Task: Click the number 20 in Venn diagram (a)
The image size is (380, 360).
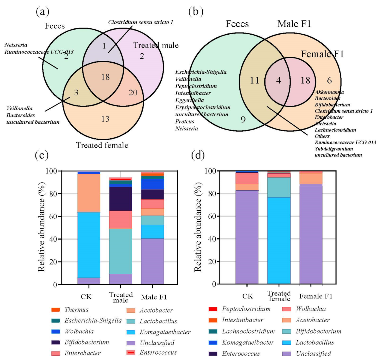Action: pyautogui.click(x=133, y=93)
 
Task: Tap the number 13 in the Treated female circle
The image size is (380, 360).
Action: pyautogui.click(x=105, y=119)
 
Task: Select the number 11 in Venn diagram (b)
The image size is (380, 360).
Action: pyautogui.click(x=254, y=81)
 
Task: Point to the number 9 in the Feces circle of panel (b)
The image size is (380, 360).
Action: pyautogui.click(x=243, y=120)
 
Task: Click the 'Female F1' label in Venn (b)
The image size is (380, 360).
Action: pyautogui.click(x=322, y=54)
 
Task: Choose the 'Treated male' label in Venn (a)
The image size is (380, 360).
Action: pyautogui.click(x=156, y=45)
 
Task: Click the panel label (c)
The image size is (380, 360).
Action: pyautogui.click(x=42, y=155)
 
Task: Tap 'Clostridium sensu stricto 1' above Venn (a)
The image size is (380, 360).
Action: pyautogui.click(x=140, y=22)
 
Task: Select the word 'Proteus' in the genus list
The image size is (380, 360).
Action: pyautogui.click(x=185, y=121)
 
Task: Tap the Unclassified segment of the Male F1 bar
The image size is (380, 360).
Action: pyautogui.click(x=152, y=261)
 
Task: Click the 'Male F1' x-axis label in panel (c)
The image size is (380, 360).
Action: pyautogui.click(x=154, y=297)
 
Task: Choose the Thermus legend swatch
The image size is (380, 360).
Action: pyautogui.click(x=56, y=310)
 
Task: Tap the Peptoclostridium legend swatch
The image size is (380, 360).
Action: pyautogui.click(x=213, y=309)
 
